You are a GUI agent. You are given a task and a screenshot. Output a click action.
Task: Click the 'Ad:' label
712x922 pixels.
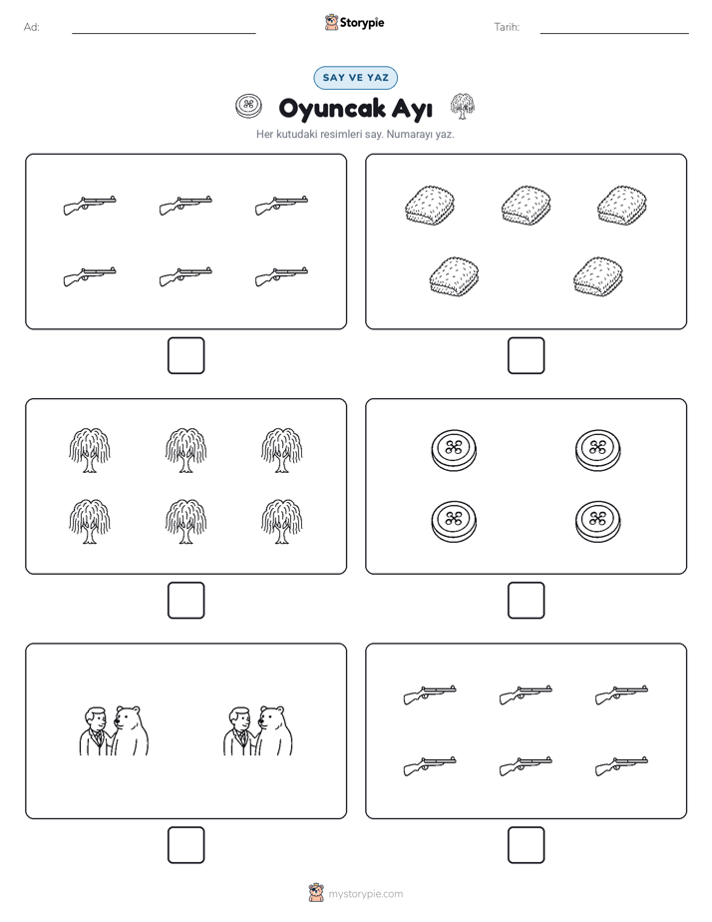[32, 27]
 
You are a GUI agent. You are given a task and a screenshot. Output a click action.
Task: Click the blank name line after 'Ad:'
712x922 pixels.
[164, 33]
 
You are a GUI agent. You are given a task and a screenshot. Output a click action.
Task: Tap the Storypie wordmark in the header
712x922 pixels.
[362, 23]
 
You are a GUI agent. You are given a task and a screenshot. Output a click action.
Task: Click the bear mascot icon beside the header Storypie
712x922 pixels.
[331, 22]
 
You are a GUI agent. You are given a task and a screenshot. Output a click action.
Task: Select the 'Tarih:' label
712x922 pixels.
[507, 27]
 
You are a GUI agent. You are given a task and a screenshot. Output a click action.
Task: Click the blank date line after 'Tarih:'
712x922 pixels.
[614, 33]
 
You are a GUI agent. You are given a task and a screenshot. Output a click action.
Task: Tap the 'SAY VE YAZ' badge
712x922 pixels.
[355, 78]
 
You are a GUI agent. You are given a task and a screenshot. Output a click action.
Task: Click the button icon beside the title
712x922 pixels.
[248, 107]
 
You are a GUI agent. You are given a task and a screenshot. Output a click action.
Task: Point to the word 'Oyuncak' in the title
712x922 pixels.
[332, 109]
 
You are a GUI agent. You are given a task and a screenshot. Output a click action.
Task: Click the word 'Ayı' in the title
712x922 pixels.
[413, 109]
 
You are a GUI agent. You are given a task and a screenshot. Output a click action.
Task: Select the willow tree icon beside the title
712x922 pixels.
[463, 106]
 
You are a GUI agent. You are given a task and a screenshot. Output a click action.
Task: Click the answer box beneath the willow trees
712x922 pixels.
[186, 601]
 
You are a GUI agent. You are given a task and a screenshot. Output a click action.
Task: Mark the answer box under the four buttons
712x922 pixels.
[527, 601]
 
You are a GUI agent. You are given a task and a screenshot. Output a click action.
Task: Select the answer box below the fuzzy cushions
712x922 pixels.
[527, 356]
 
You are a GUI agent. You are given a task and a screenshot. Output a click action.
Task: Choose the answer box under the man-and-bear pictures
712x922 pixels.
[186, 845]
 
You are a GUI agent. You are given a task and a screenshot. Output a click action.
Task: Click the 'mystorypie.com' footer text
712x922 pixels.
[365, 894]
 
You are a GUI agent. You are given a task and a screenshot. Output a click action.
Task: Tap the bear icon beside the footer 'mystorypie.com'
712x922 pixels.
[316, 893]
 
